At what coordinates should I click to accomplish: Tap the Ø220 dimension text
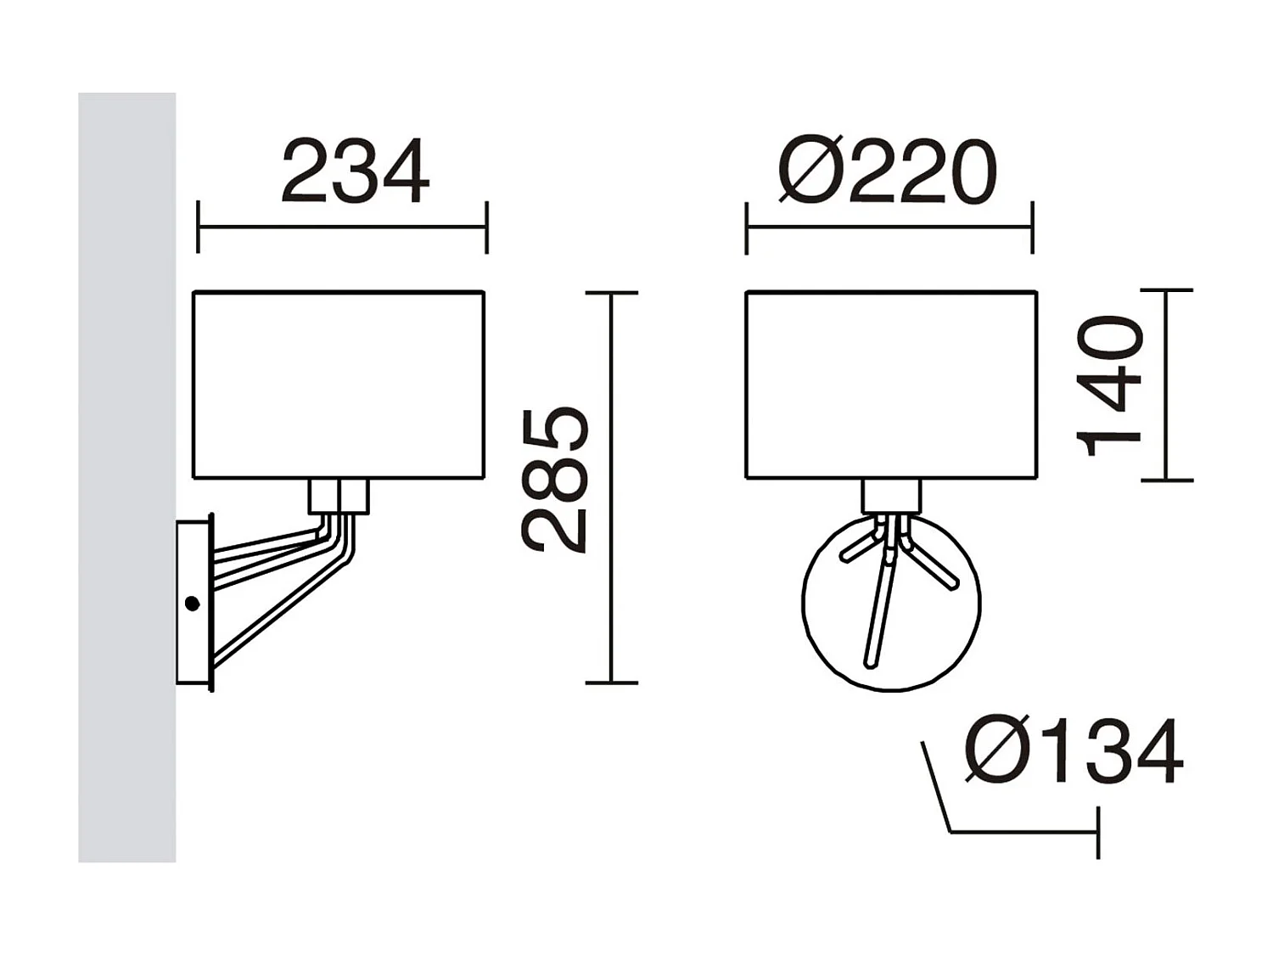click(887, 172)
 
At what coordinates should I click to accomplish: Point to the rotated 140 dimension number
click(1109, 386)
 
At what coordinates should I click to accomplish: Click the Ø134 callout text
click(1074, 751)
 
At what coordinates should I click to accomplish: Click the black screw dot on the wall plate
click(192, 604)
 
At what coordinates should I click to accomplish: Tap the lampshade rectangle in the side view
click(339, 385)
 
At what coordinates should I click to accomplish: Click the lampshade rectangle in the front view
click(891, 385)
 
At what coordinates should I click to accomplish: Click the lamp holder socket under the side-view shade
click(339, 497)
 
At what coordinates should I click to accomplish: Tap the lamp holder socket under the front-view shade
click(891, 496)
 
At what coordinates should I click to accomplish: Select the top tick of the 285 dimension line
click(611, 293)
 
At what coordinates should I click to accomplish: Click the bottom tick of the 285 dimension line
click(611, 682)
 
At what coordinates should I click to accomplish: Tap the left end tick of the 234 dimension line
click(198, 228)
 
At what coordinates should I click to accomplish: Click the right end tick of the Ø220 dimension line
click(1032, 228)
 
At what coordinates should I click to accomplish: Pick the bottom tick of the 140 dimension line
click(1167, 480)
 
